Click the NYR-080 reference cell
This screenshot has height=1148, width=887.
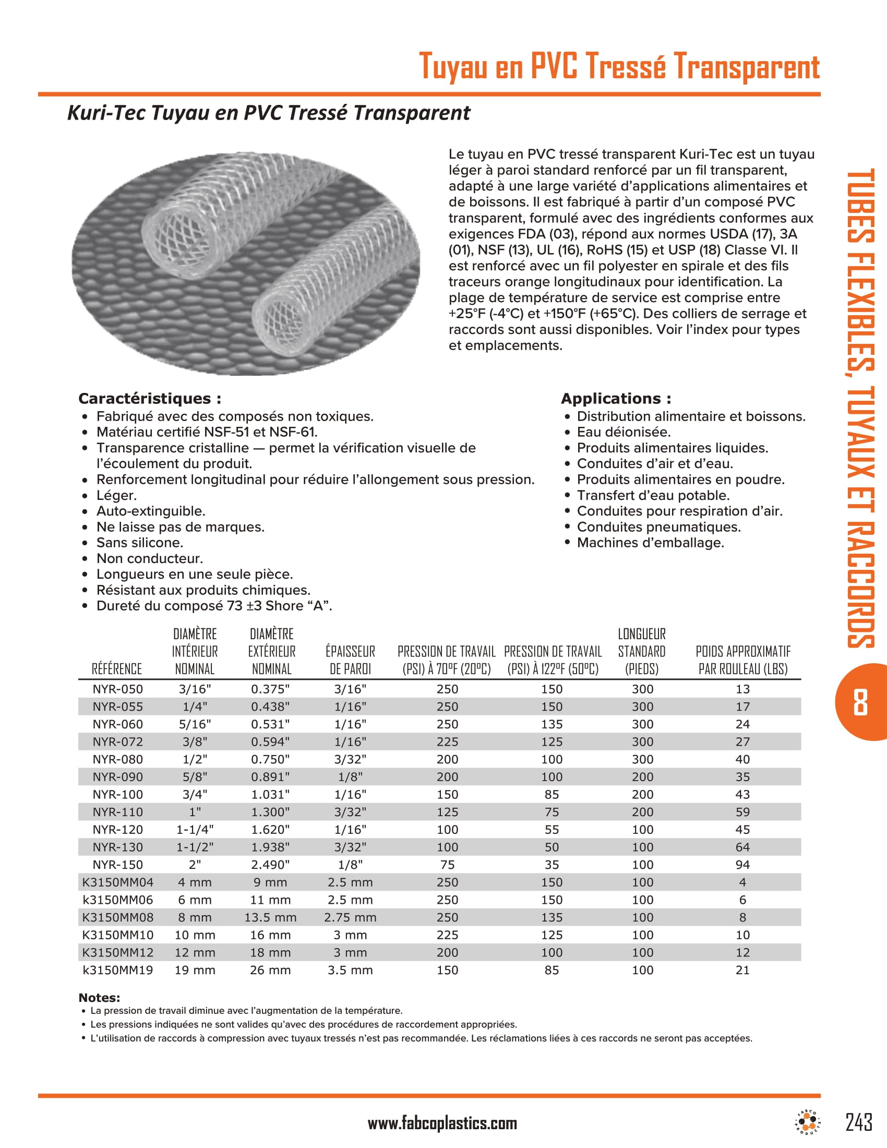tap(118, 759)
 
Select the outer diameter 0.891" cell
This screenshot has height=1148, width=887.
tap(270, 776)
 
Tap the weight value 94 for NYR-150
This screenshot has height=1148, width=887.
tap(742, 864)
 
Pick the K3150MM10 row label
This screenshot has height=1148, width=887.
tap(118, 935)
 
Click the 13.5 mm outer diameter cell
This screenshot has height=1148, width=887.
tap(270, 917)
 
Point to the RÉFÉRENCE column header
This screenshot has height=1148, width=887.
tap(117, 668)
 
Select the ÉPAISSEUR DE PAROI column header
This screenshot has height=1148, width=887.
tap(350, 660)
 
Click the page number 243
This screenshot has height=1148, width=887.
tap(859, 1122)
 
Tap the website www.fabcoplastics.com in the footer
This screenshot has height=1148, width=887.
tap(442, 1123)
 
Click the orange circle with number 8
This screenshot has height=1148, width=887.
tap(860, 702)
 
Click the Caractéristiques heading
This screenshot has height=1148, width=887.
tap(150, 399)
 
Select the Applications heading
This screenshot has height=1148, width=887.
tap(616, 399)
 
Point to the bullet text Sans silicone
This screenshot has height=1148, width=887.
tap(140, 543)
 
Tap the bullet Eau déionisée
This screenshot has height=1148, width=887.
tap(624, 432)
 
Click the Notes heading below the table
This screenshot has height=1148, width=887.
tap(99, 997)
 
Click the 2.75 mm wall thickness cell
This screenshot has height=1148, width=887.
tap(350, 917)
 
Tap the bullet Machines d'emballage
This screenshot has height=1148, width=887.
tap(650, 543)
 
